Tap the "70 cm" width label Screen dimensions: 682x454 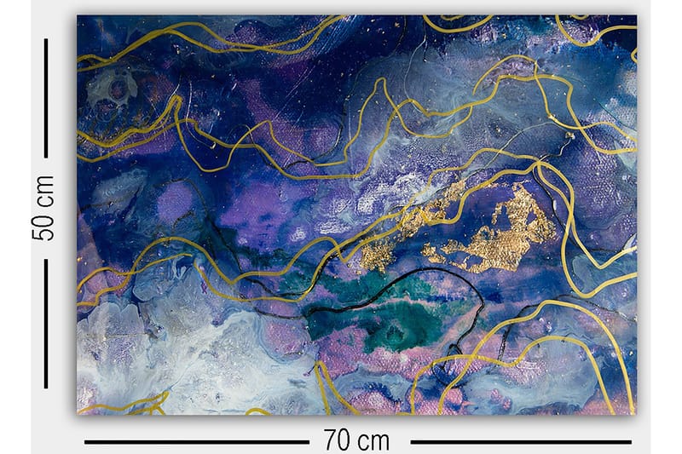point(356,440)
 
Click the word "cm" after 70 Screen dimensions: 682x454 point(373,440)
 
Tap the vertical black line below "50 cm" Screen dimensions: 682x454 point(45,324)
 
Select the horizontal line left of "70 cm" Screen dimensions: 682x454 point(196,442)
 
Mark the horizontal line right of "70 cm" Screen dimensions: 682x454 point(520,442)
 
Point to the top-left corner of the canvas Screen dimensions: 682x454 point(78,15)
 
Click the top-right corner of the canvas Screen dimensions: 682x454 point(636,15)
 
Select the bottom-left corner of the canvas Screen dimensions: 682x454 point(78,414)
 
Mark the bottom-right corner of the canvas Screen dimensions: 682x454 point(636,414)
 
